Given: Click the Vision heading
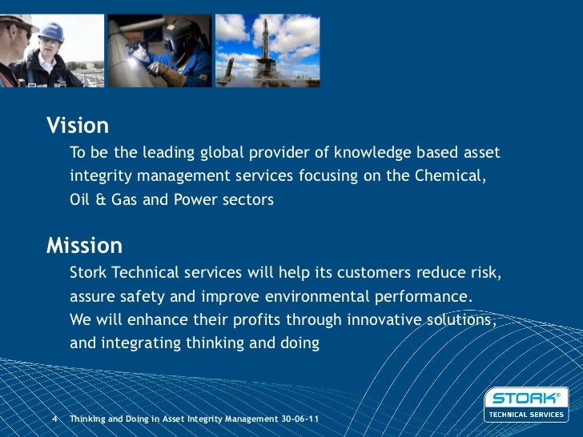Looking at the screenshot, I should [78, 126].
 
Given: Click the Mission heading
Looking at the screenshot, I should [84, 245].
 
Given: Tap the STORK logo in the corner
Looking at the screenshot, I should [525, 398].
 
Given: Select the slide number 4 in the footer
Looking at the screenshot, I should [54, 419].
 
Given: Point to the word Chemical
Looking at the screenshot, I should [449, 176].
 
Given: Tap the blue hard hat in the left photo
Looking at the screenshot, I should [51, 32].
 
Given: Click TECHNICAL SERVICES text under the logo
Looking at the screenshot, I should [526, 414].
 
